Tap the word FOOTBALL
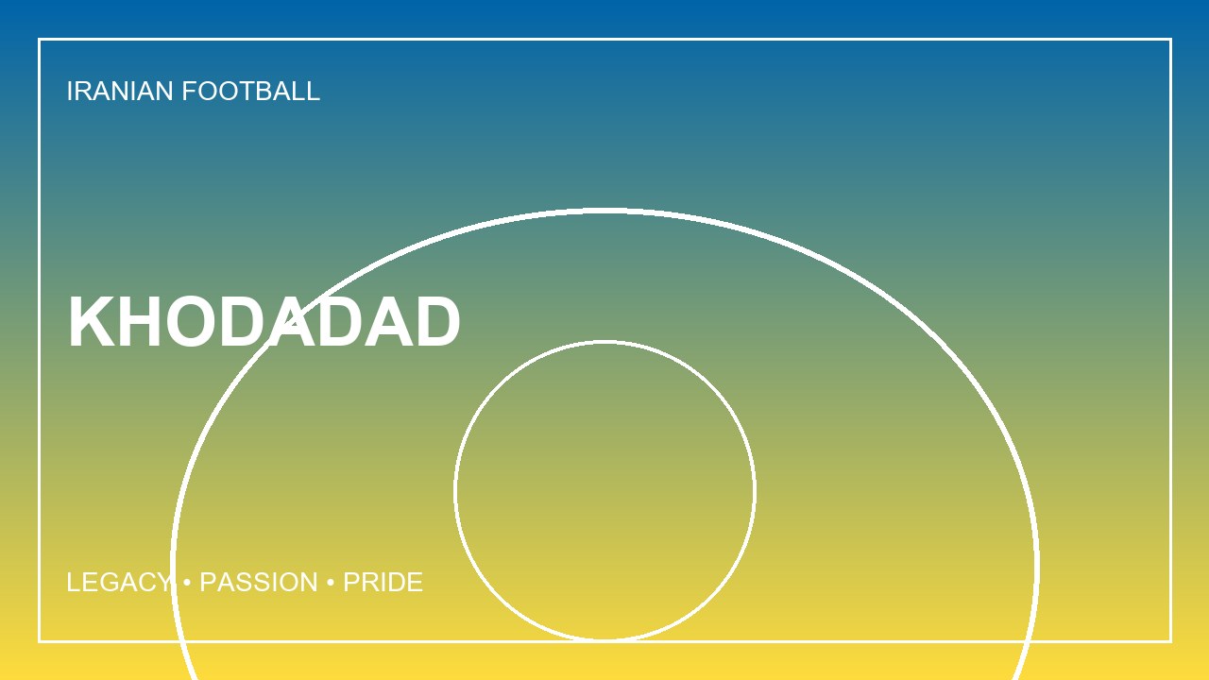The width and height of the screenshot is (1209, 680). tap(251, 91)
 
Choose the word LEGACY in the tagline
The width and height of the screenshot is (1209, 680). tap(119, 583)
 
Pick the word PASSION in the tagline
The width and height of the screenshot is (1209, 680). tap(259, 583)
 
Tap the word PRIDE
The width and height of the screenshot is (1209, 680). tap(383, 583)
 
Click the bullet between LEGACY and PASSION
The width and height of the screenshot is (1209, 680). tap(187, 583)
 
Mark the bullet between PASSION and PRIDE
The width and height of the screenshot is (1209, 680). tap(331, 583)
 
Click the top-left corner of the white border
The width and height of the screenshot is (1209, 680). tap(39, 39)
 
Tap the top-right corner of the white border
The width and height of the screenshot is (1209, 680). tap(1170, 39)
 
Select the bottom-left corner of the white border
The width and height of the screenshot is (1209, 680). tap(39, 641)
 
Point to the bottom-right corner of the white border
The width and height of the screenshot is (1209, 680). tap(1170, 641)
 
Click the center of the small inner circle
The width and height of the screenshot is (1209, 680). tap(604, 490)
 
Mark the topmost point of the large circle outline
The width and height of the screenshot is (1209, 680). tap(604, 211)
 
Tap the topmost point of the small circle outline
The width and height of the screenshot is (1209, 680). tap(604, 342)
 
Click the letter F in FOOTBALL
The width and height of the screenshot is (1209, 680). tap(190, 91)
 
